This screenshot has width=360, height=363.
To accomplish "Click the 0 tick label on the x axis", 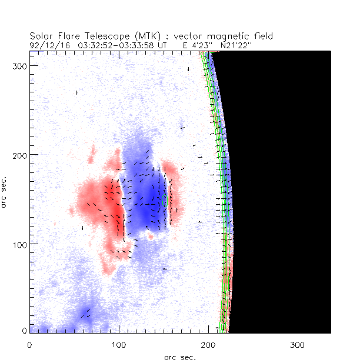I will pos(29,344).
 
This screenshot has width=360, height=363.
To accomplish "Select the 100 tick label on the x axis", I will pos(119,344).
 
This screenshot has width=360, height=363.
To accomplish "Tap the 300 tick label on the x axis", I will pos(297,344).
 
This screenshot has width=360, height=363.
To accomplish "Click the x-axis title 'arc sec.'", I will pos(180,357).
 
